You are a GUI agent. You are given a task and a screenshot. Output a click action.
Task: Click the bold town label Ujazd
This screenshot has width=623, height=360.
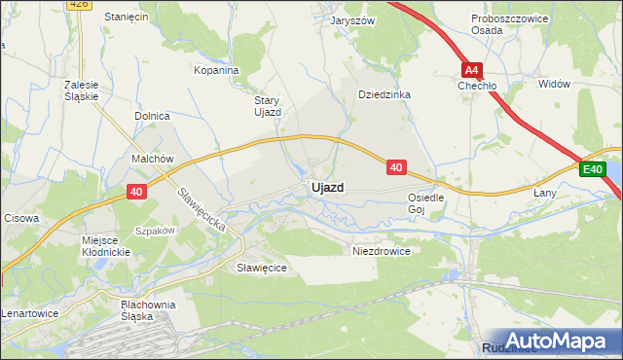[326, 187]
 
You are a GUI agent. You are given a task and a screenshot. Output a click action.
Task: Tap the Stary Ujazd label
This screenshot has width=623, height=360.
[267, 105]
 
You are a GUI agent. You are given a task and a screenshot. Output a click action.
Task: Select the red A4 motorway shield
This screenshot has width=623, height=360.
[472, 70]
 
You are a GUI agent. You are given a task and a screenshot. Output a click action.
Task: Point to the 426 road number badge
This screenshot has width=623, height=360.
[81, 4]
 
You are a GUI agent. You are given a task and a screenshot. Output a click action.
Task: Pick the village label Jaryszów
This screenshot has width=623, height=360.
[352, 20]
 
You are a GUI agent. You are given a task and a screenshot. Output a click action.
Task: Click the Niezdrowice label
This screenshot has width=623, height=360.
[381, 250]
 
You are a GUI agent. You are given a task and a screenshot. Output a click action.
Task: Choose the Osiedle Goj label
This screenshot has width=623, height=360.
[425, 202]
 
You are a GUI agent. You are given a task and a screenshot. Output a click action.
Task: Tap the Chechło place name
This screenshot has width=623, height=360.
[478, 86]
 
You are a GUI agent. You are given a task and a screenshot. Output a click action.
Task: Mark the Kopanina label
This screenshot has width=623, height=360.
[216, 70]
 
